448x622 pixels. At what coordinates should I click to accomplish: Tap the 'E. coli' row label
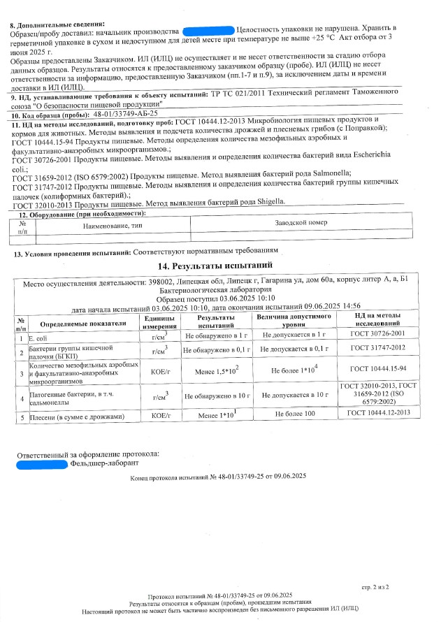pyautogui.click(x=38, y=337)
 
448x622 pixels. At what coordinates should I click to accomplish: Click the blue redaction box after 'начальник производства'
pyautogui.click(x=208, y=32)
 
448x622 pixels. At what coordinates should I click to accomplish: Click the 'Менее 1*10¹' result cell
pyautogui.click(x=216, y=416)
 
